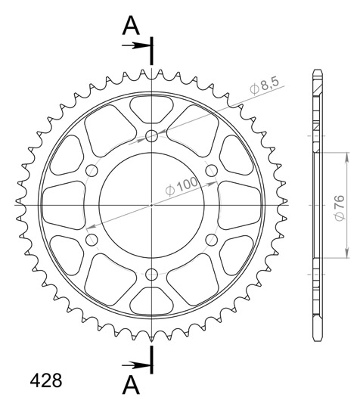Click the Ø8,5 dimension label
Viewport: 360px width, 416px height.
point(265,86)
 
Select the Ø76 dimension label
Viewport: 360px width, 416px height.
point(340,208)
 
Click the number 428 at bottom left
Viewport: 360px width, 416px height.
point(46,380)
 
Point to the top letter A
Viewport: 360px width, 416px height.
point(131,26)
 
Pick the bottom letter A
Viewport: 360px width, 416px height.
point(131,385)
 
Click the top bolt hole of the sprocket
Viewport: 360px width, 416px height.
point(151,136)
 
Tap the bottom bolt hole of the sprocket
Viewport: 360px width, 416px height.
point(151,274)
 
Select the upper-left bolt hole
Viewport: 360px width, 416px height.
point(92,171)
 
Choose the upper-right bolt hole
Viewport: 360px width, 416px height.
point(212,171)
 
